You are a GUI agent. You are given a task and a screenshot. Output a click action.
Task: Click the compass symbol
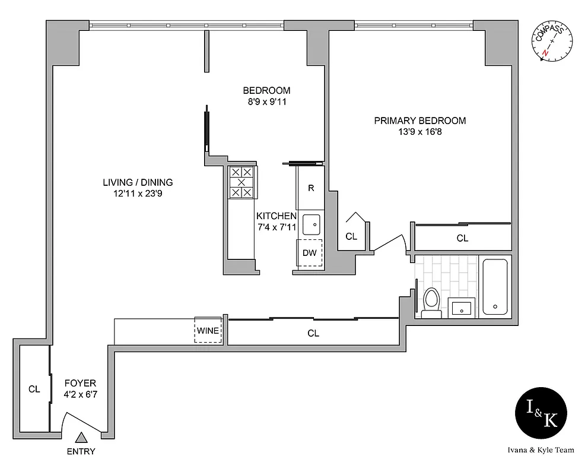pyautogui.click(x=552, y=42)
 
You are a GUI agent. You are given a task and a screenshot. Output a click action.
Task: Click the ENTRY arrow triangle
pyautogui.click(x=81, y=438)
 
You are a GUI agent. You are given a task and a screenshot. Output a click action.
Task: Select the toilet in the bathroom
pyautogui.click(x=431, y=300)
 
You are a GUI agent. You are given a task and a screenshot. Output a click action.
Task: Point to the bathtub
pyautogui.click(x=495, y=287)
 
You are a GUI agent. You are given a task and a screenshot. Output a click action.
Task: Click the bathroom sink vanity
pyautogui.click(x=462, y=308)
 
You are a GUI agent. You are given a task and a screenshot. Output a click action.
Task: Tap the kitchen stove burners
pyautogui.click(x=242, y=182)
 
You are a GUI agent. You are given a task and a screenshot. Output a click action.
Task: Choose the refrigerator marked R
pyautogui.click(x=311, y=188)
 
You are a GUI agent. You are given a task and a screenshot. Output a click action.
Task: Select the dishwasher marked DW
pyautogui.click(x=310, y=252)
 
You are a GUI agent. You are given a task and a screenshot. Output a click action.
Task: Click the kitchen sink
pyautogui.click(x=311, y=224)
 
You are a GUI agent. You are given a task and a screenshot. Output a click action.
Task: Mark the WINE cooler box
pyautogui.click(x=208, y=330)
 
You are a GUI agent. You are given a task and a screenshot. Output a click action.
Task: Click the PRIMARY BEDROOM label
pyautogui.click(x=419, y=121)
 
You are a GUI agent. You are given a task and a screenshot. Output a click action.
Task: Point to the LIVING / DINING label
pyautogui.click(x=138, y=182)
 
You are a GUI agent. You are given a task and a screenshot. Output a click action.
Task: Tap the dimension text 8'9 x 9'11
pyautogui.click(x=266, y=102)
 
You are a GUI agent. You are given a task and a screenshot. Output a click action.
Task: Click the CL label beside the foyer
pyautogui.click(x=34, y=389)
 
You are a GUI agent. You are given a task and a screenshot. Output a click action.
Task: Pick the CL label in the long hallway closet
pyautogui.click(x=313, y=334)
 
